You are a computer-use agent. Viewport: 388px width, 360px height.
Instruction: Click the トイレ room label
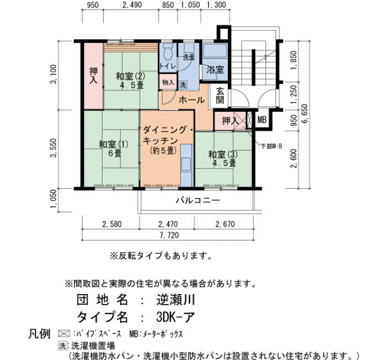pyautogui.click(x=167, y=66)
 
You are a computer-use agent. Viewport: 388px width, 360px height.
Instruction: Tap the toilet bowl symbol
pyautogui.click(x=168, y=53)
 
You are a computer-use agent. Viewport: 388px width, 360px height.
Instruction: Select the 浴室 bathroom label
pyautogui.click(x=215, y=70)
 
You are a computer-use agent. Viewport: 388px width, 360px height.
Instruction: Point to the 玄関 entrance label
pyautogui.click(x=219, y=96)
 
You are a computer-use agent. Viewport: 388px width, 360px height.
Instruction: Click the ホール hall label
pyautogui.click(x=192, y=100)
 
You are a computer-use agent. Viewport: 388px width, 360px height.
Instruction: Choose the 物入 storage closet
pyautogui.click(x=168, y=82)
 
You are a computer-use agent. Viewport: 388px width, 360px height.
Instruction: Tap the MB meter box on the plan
pyautogui.click(x=262, y=120)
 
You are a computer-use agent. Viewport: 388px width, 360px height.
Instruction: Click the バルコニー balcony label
pyautogui.click(x=198, y=200)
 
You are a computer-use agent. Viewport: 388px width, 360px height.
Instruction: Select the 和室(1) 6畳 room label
pyautogui.click(x=114, y=148)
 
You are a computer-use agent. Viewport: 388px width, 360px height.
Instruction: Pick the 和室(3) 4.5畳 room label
pyautogui.click(x=223, y=158)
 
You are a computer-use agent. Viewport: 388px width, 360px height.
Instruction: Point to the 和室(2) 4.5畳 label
pyautogui.click(x=130, y=81)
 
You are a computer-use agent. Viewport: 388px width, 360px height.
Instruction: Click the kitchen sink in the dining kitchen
pyautogui.click(x=186, y=164)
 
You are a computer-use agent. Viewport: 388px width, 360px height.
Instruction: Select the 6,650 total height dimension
pyautogui.click(x=305, y=114)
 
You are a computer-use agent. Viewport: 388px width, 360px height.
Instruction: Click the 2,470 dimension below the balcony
pyautogui.click(x=168, y=224)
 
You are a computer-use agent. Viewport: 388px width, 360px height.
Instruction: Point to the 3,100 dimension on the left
pyautogui.click(x=53, y=74)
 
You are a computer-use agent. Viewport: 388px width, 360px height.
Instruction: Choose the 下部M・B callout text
pyautogui.click(x=272, y=146)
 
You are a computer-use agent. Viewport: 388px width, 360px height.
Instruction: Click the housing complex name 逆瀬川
pyautogui.click(x=176, y=300)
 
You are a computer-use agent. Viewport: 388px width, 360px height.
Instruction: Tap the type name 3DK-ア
pyautogui.click(x=176, y=317)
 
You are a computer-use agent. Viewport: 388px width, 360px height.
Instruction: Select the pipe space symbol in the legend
pyautogui.click(x=64, y=334)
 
